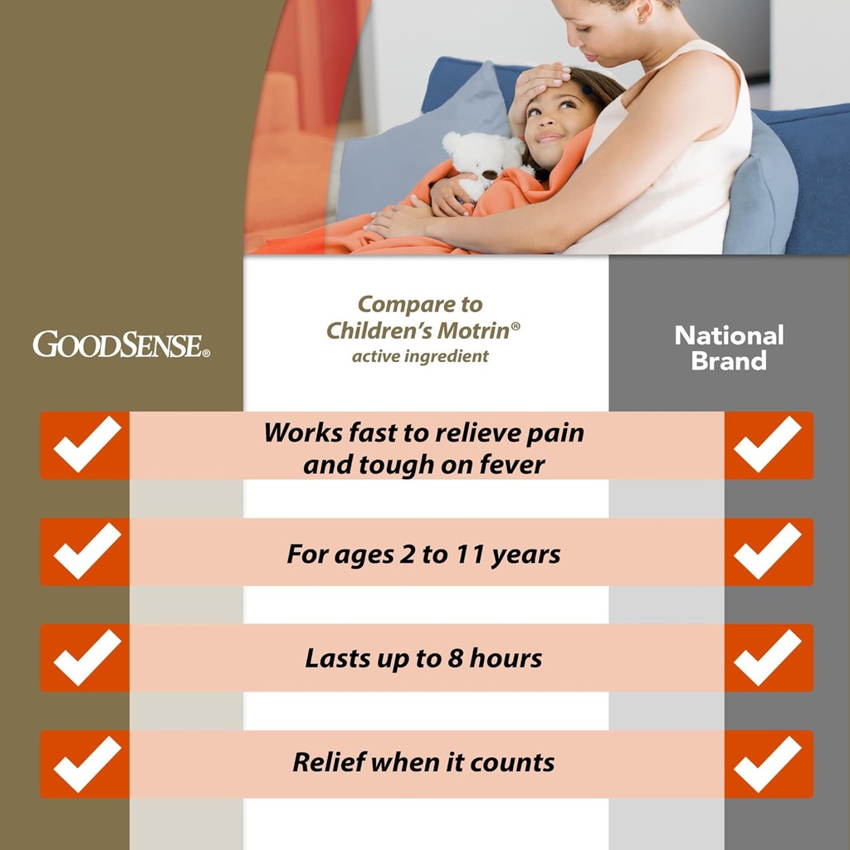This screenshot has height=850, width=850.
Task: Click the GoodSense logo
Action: (121, 344)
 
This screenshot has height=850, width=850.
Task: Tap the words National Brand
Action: (729, 348)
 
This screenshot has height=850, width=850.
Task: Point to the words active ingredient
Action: (420, 356)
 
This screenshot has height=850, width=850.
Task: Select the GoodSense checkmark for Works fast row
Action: (86, 445)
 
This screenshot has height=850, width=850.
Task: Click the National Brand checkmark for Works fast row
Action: (768, 445)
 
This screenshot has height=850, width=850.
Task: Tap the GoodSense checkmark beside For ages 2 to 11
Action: (86, 551)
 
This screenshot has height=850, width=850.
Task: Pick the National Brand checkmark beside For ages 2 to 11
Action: (768, 551)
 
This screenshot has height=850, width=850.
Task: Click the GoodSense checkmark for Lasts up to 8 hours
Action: (86, 657)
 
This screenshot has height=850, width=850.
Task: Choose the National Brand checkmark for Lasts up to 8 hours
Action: (768, 657)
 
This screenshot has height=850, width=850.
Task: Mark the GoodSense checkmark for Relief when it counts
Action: (86, 764)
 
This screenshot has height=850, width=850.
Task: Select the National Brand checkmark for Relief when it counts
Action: (768, 764)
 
